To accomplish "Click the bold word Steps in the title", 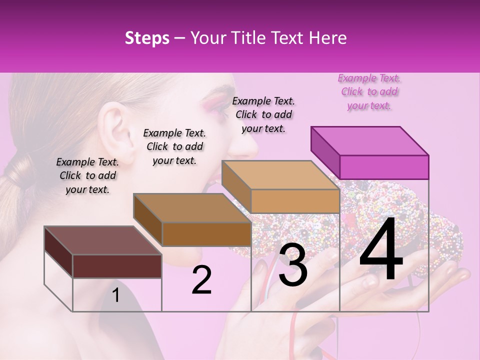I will coord(147,38).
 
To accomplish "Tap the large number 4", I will coord(381,250).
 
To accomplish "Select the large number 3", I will coord(293,264).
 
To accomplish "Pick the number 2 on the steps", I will coord(202,280).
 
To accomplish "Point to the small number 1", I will coord(116,295).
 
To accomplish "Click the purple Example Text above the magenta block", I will coord(369,91).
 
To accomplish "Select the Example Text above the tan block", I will coord(263,114).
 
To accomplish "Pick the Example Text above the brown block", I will coord(174,146).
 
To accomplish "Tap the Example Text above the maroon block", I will coord(87,175).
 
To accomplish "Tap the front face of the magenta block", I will coord(384,167).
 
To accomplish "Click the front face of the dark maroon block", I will coord(117,266).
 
